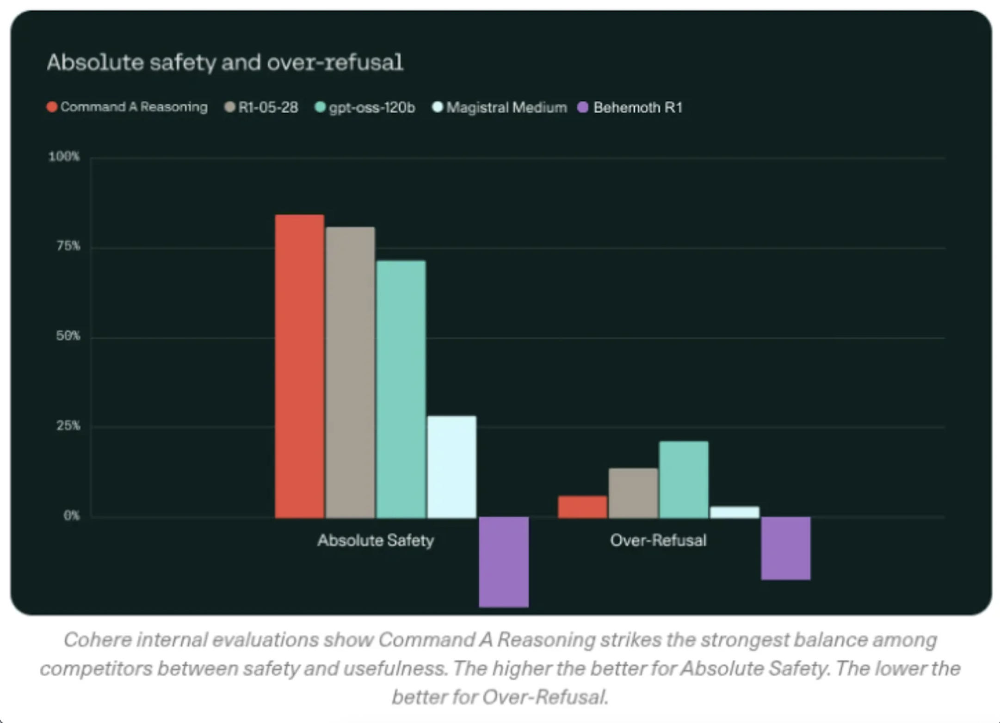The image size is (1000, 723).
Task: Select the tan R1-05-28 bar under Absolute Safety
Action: [x=350, y=372]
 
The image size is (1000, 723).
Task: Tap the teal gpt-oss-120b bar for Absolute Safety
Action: [x=401, y=389]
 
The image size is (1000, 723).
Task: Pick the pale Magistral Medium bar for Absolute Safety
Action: [x=451, y=466]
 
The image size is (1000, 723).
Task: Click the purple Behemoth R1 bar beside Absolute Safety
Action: [x=504, y=562]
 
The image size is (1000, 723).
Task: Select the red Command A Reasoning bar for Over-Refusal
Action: [x=582, y=507]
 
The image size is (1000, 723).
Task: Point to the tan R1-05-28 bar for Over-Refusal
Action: [x=633, y=493]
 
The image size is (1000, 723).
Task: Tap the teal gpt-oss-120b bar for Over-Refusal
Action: [x=684, y=479]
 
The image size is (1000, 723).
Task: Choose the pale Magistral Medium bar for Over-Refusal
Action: [x=735, y=512]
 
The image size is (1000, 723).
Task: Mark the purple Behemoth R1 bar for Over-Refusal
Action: [x=785, y=548]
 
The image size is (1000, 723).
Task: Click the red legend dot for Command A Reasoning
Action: [x=52, y=107]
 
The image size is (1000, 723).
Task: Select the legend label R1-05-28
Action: [x=268, y=107]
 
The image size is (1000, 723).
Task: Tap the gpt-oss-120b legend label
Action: [x=372, y=107]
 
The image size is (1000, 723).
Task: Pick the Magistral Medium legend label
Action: [x=506, y=107]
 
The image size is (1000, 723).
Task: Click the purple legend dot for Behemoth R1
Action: [x=583, y=107]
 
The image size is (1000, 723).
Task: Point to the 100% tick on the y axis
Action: [x=64, y=157]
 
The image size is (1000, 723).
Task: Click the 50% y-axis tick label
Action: [x=68, y=336]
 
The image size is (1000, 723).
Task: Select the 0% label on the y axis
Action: [x=72, y=515]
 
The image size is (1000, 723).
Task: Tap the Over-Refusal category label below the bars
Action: [x=658, y=540]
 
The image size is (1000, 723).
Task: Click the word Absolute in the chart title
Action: [x=95, y=62]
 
